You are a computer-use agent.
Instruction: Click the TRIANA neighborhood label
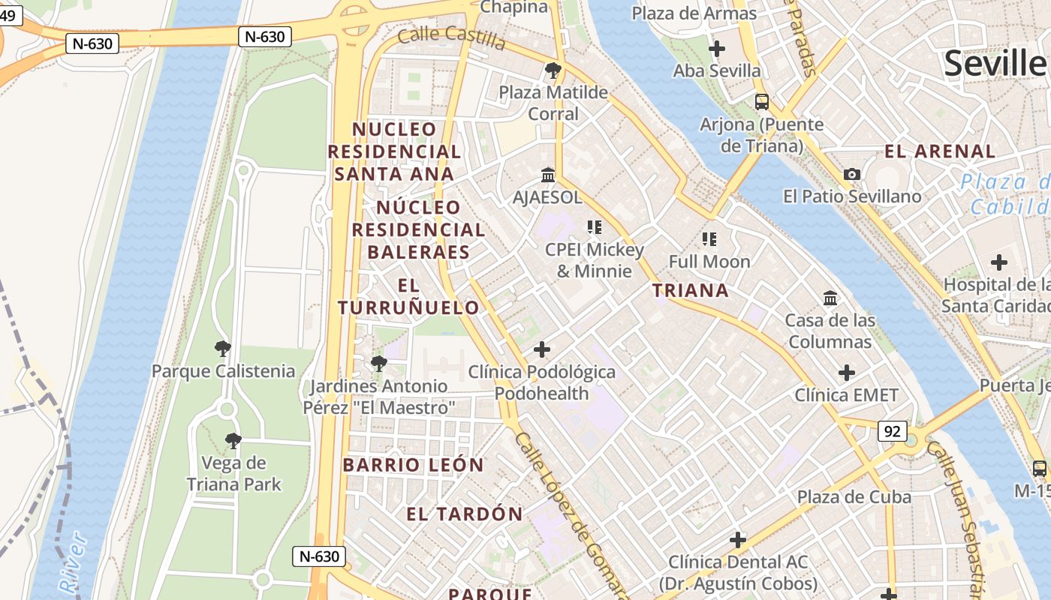tap(690, 291)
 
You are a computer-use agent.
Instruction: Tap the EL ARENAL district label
tap(940, 151)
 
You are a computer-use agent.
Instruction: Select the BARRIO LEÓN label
tap(414, 465)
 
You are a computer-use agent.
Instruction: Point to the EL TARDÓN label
tap(465, 514)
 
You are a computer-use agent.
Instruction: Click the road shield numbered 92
tap(893, 431)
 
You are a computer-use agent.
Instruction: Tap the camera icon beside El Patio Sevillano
tap(852, 175)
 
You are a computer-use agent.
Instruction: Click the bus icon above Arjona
tap(762, 102)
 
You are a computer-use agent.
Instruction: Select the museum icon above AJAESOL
tap(548, 175)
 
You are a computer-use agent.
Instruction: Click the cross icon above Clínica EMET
tap(847, 373)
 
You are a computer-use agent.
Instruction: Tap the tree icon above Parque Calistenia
tap(223, 349)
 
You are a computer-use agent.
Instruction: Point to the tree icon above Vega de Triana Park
tap(233, 441)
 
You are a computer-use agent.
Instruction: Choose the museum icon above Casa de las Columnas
tap(830, 298)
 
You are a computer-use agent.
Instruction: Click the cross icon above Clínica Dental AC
tap(738, 540)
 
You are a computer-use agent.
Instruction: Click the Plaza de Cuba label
tap(854, 497)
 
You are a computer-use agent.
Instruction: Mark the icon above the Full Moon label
tap(709, 239)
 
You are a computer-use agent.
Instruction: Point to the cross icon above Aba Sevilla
tap(717, 49)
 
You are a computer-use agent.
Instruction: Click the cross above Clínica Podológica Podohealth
tap(542, 349)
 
